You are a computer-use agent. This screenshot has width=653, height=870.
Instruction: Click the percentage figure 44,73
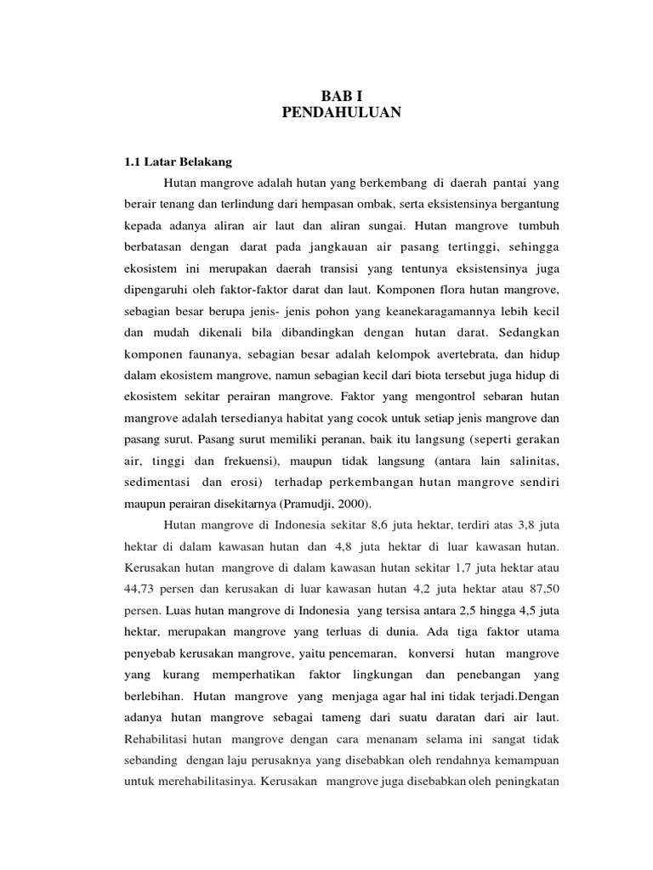[x=141, y=587]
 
